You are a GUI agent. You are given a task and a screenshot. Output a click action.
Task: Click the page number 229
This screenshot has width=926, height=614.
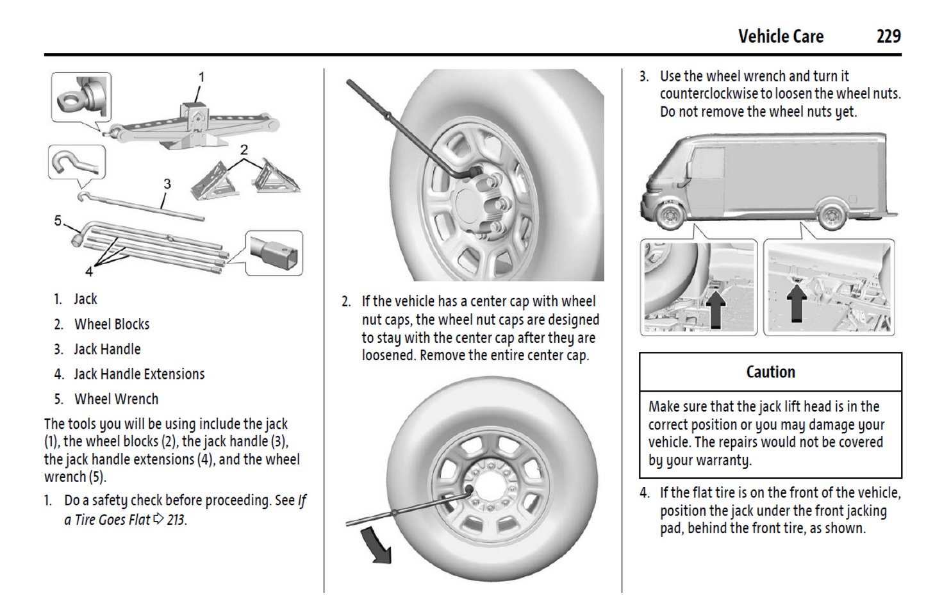(888, 37)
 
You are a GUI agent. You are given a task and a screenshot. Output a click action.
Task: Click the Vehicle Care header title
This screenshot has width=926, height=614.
(781, 37)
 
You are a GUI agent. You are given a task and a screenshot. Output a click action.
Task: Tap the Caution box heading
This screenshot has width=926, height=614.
(770, 372)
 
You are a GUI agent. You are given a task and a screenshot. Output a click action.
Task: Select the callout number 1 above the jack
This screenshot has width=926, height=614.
(201, 78)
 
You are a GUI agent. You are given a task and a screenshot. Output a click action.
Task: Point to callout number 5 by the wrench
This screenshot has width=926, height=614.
(58, 221)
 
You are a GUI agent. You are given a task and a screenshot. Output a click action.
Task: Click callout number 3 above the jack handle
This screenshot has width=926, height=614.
(167, 185)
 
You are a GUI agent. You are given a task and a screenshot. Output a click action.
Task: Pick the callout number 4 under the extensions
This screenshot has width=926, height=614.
(89, 272)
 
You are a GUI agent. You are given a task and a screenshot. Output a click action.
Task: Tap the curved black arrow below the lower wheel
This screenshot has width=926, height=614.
(377, 545)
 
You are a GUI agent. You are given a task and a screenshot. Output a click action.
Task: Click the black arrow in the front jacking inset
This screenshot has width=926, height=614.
(715, 307)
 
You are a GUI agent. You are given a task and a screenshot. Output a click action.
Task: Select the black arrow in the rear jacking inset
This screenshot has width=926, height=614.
(796, 303)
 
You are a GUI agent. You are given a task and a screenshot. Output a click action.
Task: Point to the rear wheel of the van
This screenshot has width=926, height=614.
(831, 215)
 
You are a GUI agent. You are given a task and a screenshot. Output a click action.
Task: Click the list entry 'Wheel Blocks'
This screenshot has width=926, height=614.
(112, 324)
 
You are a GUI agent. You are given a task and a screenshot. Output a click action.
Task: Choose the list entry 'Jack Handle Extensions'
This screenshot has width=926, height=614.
(139, 374)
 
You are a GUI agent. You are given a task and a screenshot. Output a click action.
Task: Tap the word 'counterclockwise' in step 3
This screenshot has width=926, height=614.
(709, 94)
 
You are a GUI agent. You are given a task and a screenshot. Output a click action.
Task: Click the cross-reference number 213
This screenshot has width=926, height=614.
(176, 520)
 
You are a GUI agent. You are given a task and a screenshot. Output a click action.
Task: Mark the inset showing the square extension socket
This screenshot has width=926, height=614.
(274, 253)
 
